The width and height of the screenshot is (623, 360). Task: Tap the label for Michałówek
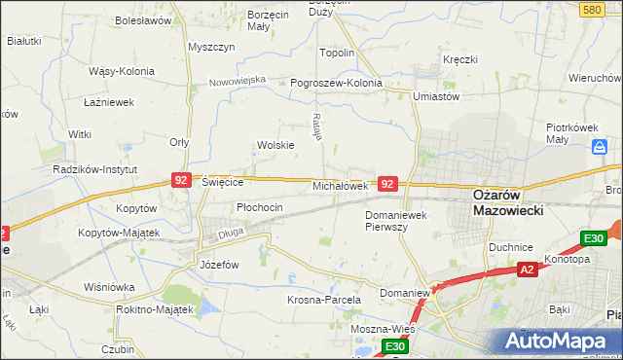click(x=339, y=185)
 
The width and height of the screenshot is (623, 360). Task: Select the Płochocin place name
click(x=260, y=207)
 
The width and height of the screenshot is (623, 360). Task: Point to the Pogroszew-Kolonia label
click(x=337, y=83)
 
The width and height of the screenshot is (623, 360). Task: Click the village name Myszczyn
click(x=212, y=47)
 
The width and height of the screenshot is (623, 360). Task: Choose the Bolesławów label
click(x=142, y=19)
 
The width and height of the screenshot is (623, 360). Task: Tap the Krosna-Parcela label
click(x=324, y=301)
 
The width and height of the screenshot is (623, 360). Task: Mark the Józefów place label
click(x=219, y=265)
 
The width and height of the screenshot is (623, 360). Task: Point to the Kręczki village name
click(x=459, y=59)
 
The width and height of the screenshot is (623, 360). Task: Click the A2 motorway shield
click(x=527, y=270)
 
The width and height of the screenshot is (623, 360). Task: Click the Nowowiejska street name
click(x=238, y=81)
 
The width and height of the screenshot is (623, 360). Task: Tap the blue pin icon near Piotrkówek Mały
click(x=601, y=149)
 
